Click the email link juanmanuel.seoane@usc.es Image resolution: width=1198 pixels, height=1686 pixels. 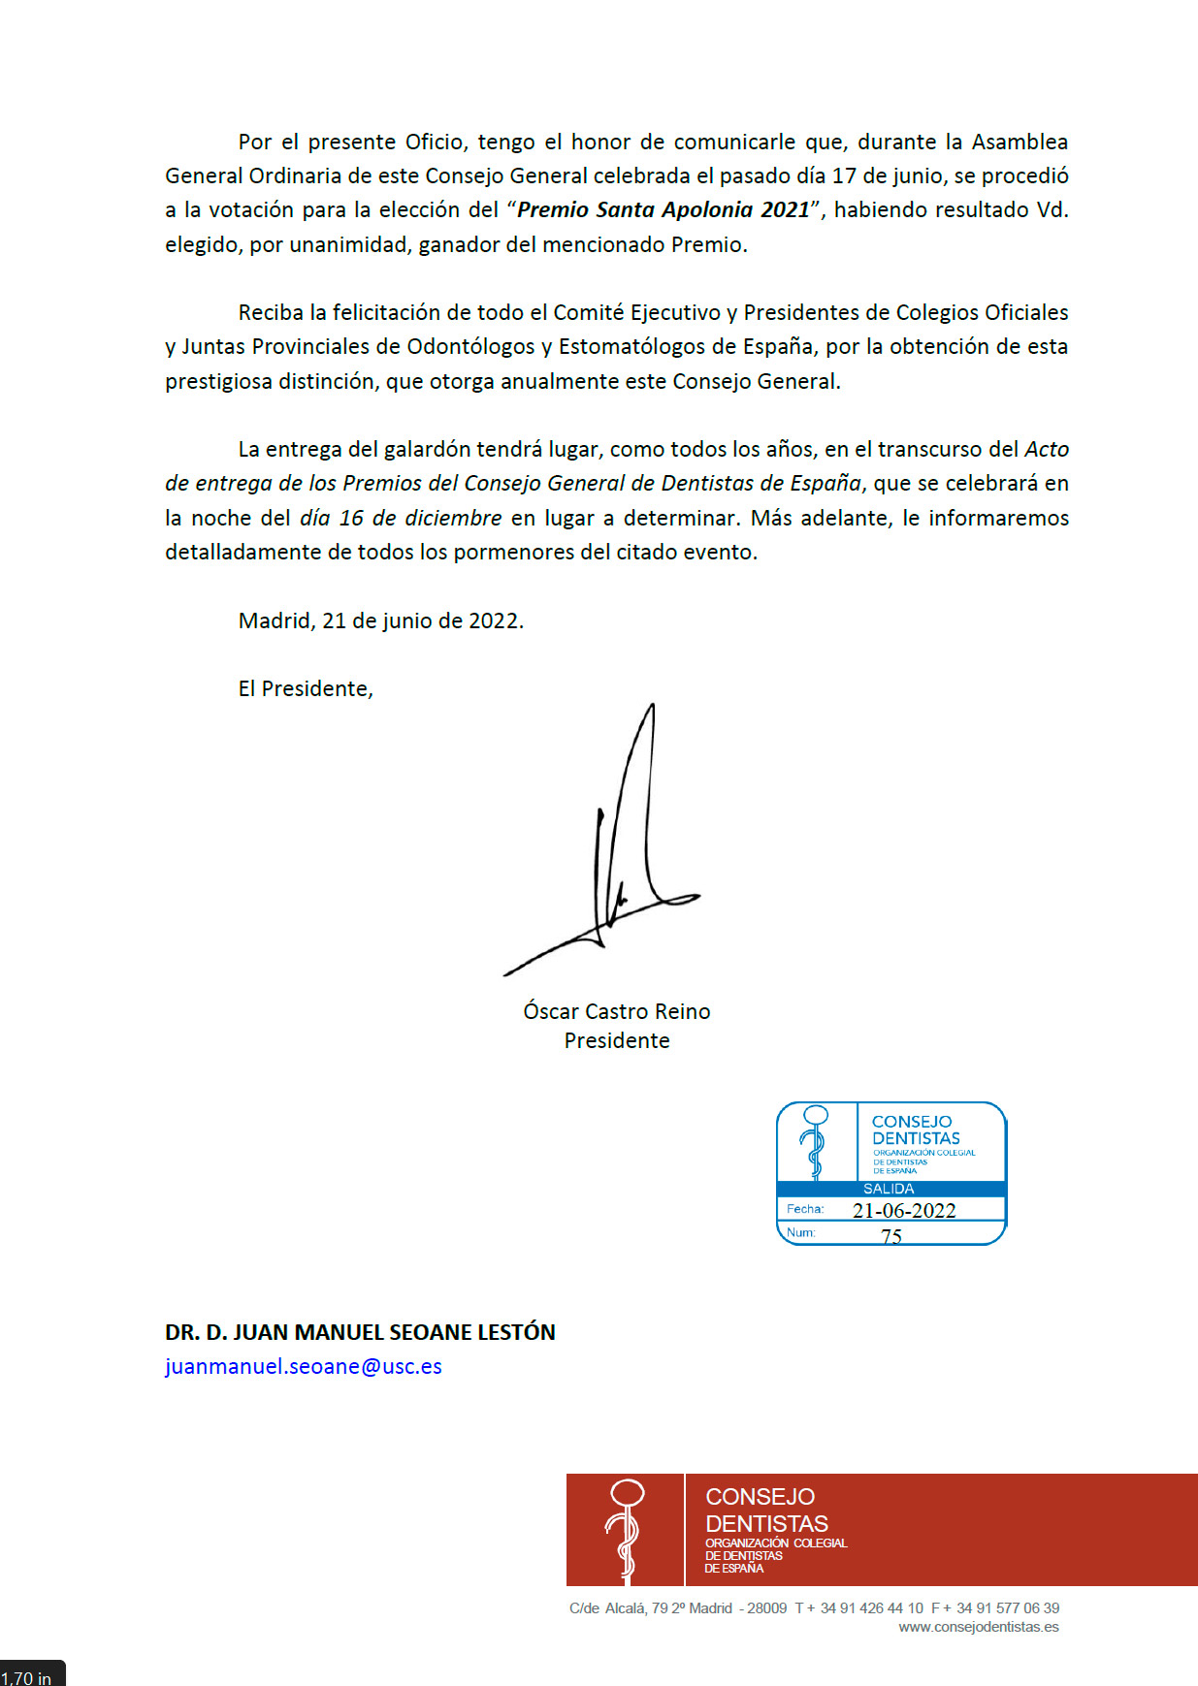(x=303, y=1366)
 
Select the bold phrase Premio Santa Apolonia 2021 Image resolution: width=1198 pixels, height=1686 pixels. (x=664, y=210)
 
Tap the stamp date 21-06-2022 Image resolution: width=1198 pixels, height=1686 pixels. (x=904, y=1210)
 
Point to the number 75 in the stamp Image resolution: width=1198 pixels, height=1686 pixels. (x=891, y=1236)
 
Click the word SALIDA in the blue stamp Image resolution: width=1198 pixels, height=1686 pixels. (x=889, y=1189)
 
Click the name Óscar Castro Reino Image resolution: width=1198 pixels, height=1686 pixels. (x=617, y=1011)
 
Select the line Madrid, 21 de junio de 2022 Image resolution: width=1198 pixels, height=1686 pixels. (x=380, y=620)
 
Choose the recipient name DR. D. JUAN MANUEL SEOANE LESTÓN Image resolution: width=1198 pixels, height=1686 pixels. (x=360, y=1332)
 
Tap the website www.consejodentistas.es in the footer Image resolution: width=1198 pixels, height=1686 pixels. (x=979, y=1627)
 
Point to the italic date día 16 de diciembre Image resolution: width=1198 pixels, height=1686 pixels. (x=401, y=518)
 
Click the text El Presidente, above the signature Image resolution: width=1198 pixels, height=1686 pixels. (x=306, y=688)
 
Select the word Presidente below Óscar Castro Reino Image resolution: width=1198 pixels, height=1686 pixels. (x=617, y=1040)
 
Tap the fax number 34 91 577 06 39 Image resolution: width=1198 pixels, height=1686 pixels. (x=1008, y=1607)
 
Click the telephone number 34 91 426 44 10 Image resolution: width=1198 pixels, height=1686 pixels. (x=871, y=1607)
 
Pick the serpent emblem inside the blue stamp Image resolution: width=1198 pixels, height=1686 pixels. (x=816, y=1141)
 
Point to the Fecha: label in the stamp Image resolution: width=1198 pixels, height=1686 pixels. (x=805, y=1209)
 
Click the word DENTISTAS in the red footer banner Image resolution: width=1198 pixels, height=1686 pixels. (x=766, y=1523)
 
